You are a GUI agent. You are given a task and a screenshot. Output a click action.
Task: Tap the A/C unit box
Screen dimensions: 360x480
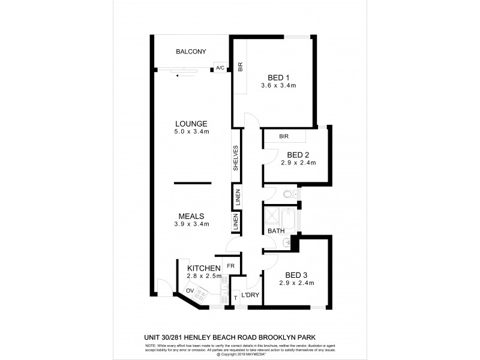220,68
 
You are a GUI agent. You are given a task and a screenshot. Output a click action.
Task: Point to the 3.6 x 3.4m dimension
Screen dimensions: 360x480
278,85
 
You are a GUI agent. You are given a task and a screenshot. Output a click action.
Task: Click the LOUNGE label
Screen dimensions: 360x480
191,123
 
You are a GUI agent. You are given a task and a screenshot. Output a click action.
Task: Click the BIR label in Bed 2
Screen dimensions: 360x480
283,137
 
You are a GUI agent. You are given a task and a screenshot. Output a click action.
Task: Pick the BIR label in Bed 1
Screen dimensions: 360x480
240,68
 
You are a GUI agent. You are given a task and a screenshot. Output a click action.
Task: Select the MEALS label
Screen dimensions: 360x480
191,216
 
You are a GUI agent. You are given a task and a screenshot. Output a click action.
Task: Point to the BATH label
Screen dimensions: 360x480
276,230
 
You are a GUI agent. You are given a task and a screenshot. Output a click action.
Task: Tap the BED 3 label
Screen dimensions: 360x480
296,275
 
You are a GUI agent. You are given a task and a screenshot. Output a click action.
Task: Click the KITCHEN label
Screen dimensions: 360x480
204,268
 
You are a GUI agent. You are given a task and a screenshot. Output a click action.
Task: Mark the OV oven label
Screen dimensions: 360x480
190,291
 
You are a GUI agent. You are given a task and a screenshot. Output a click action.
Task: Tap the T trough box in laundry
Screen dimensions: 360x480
236,297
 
